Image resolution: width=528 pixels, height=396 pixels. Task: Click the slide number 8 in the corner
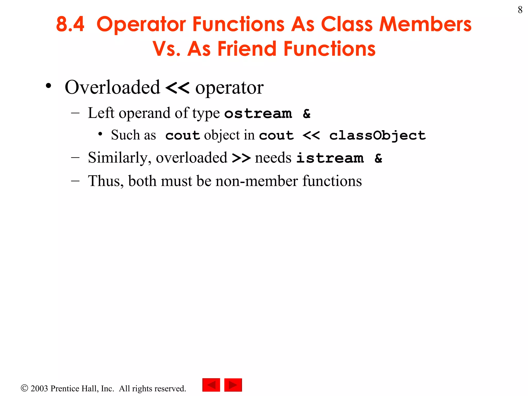pos(520,10)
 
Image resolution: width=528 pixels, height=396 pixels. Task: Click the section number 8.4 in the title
pos(70,24)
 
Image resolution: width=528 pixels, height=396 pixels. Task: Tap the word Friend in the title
pos(247,49)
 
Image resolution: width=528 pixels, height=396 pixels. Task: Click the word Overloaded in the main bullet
pos(112,87)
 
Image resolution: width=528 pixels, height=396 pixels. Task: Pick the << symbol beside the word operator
pos(177,88)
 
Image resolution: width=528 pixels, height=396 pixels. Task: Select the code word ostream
pos(258,113)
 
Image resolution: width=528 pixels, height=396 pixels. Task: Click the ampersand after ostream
pos(307,113)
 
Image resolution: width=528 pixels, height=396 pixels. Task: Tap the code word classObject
pos(377,135)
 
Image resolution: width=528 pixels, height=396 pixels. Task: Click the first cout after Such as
pos(183,135)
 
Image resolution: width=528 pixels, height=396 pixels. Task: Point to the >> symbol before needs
pos(241,158)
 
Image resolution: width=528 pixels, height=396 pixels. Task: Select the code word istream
pos(330,158)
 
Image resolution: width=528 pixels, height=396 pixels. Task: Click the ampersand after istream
pos(378,158)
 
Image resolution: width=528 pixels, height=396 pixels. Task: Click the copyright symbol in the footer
pos(24,388)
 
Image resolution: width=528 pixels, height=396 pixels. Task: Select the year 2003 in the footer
pos(39,388)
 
